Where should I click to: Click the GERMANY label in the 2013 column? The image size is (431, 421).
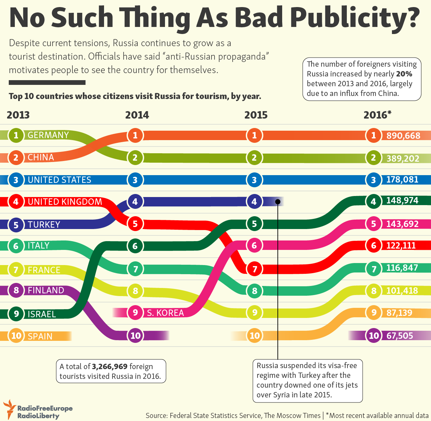click(48, 135)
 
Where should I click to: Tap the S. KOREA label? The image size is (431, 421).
click(165, 313)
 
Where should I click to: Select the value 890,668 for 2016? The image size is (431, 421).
click(403, 136)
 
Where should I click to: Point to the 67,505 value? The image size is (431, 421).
click(400, 336)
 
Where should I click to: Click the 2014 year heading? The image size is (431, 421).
click(137, 115)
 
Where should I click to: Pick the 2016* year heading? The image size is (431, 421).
click(377, 115)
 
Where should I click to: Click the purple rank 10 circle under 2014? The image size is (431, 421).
click(135, 335)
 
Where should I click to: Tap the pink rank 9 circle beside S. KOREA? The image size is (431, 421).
click(135, 313)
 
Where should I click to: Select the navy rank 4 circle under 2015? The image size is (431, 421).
click(254, 201)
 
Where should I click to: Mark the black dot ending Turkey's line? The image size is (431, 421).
click(278, 201)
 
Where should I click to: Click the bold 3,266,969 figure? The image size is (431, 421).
click(109, 366)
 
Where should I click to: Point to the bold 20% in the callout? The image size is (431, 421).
click(404, 74)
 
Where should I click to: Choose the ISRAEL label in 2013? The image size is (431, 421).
click(42, 314)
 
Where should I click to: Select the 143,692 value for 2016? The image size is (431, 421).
click(402, 224)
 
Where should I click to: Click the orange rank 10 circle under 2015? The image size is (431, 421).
click(254, 335)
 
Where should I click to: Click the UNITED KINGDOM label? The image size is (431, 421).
click(65, 202)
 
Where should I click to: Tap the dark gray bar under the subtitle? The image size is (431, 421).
click(47, 83)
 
